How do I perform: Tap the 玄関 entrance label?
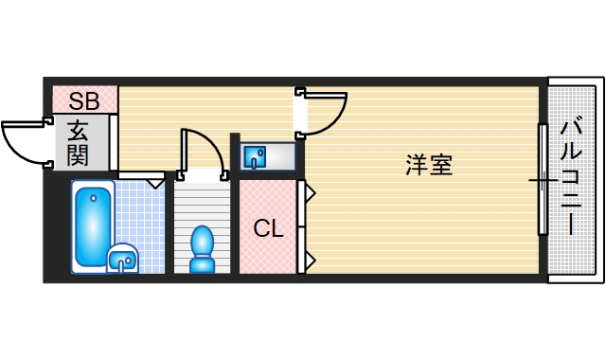coord(78,142)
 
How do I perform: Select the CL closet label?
coord(268,228)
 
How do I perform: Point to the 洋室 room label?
coord(429,165)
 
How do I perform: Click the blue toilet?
coord(203,249)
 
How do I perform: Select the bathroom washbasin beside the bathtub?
coord(123,257)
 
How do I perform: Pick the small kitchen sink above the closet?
coord(256,155)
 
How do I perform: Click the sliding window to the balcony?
coord(543,179)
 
